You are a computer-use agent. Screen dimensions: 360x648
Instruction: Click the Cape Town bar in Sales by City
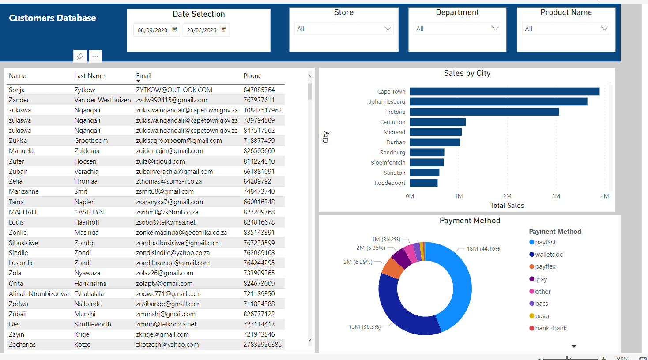coord(504,91)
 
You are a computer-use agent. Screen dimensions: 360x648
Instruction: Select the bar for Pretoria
coord(484,112)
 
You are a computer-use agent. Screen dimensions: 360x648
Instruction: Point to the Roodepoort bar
coord(423,183)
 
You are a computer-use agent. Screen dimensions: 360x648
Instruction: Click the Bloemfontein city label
coord(388,162)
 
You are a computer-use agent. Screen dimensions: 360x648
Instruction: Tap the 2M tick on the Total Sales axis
coord(507,196)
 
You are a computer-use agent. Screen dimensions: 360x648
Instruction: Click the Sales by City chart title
coord(467,73)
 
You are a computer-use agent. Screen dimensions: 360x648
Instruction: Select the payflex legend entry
coord(545,266)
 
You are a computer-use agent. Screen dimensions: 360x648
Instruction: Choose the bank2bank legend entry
coord(550,328)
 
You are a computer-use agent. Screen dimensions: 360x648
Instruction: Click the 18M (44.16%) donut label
coord(484,248)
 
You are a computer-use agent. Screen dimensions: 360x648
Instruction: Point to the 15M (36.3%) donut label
coord(365,327)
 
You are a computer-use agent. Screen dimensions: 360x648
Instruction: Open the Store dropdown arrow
coord(388,29)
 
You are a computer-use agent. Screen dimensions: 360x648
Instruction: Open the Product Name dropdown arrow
coord(604,29)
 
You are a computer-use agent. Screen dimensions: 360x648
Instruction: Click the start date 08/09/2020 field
coord(152,30)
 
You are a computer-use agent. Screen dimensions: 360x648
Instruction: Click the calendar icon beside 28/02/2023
coord(224,30)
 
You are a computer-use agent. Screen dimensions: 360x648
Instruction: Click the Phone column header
coord(252,76)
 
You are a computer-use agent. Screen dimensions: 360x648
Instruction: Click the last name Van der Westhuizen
coord(102,100)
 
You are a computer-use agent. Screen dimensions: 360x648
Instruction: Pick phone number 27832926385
coord(262,345)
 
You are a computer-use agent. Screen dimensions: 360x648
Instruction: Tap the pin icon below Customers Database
coord(80,56)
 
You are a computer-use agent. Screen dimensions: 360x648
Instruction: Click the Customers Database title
coord(53,18)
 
